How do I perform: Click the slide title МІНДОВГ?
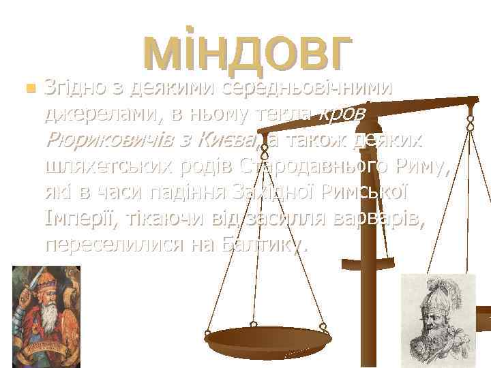pyautogui.click(x=248, y=53)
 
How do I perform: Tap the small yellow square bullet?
pyautogui.click(x=27, y=89)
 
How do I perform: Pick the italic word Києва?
pyautogui.click(x=225, y=140)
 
